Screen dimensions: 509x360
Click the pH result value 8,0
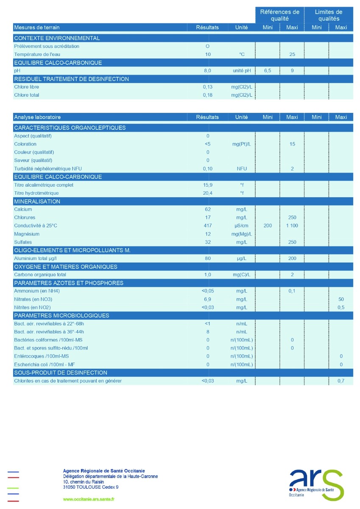(x=207, y=71)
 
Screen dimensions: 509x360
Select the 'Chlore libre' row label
(x=26, y=87)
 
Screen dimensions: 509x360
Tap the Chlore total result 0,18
(x=207, y=95)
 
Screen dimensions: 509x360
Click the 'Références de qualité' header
(x=279, y=15)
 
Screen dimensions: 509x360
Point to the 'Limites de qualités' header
(x=329, y=15)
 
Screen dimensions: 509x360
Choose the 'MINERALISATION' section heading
(x=37, y=201)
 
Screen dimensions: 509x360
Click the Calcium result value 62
(x=207, y=210)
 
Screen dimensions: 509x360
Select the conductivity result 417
(x=207, y=226)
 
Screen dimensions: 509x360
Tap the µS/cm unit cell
(x=241, y=226)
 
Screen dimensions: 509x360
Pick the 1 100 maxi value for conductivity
(x=292, y=226)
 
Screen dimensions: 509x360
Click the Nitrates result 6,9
(x=207, y=299)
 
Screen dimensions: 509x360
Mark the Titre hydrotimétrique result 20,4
(x=207, y=193)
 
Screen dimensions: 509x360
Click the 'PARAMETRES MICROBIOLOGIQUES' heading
(x=61, y=316)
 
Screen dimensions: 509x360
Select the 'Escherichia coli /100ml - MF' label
(x=45, y=364)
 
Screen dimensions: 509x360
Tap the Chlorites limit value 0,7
(x=341, y=381)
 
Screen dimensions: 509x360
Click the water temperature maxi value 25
(x=292, y=55)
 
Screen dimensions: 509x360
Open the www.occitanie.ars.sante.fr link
(x=89, y=500)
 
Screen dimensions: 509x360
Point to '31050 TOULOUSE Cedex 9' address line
(x=91, y=487)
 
